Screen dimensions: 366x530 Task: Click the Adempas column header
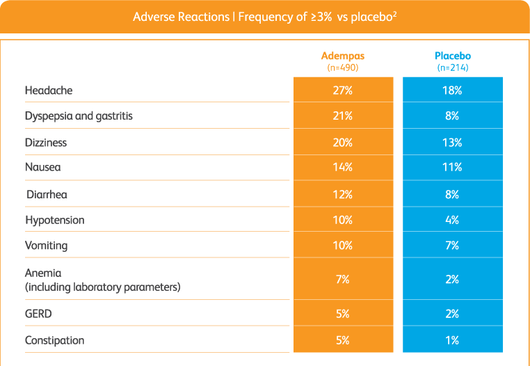(x=342, y=56)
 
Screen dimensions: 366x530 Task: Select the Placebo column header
(x=453, y=56)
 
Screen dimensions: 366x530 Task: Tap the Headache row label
(x=49, y=90)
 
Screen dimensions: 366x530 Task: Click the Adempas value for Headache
(x=342, y=90)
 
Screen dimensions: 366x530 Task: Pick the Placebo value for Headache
(x=453, y=90)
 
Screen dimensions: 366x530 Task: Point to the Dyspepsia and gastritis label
(x=79, y=116)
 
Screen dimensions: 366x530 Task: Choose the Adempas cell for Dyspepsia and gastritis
(x=342, y=116)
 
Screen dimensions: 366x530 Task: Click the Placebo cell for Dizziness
(x=453, y=143)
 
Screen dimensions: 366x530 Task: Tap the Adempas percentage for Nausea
(x=342, y=168)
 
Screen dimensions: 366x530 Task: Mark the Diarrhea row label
(x=47, y=195)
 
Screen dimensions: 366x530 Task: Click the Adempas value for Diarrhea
(x=342, y=195)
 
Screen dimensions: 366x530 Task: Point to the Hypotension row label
(x=54, y=220)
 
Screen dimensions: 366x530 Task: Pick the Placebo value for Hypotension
(x=453, y=220)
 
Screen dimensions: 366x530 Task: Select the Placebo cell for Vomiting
(x=453, y=246)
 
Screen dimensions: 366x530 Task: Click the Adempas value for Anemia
(x=342, y=280)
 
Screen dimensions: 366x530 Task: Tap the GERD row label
(x=38, y=315)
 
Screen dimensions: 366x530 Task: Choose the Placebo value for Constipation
(x=453, y=341)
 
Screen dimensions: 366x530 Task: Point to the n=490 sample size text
(x=342, y=68)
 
